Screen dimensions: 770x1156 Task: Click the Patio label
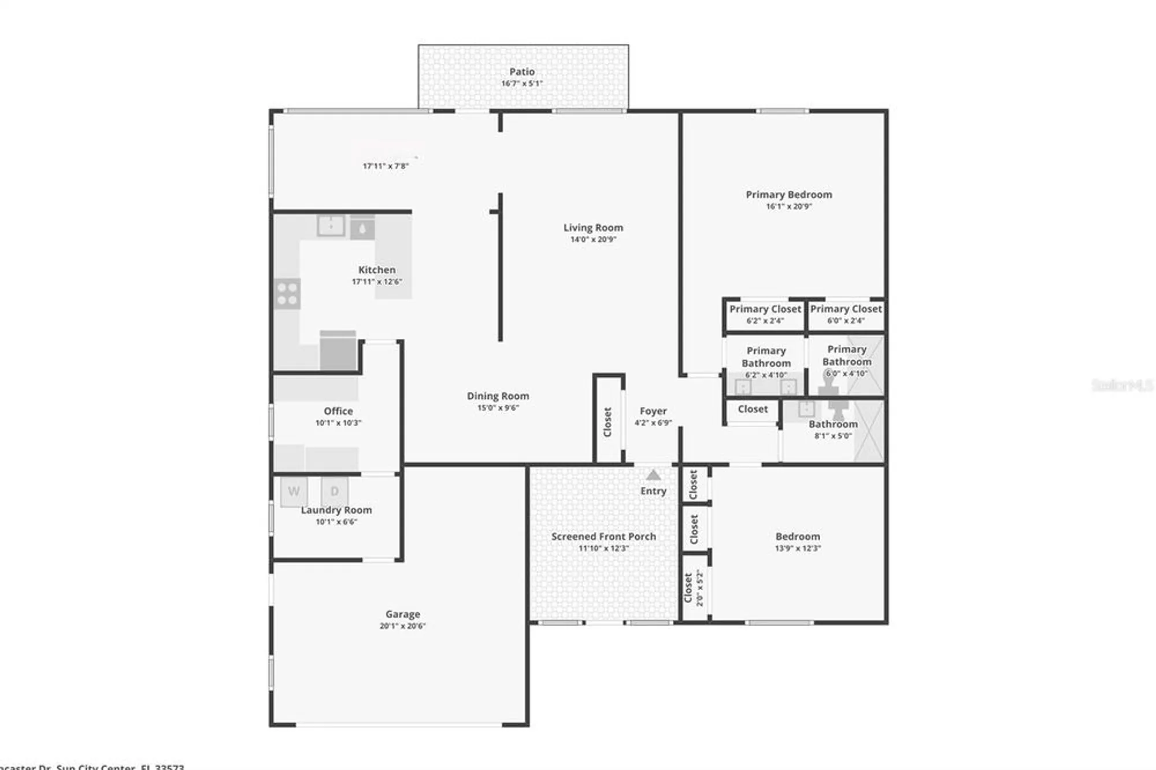click(x=521, y=72)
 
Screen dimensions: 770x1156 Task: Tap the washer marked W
click(x=294, y=491)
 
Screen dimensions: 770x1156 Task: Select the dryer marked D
click(x=334, y=491)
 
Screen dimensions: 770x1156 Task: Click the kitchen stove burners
click(x=287, y=293)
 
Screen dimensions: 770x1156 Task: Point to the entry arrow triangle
click(x=653, y=475)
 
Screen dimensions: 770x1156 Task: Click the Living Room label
click(x=593, y=228)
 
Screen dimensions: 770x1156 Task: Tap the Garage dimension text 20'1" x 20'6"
click(x=402, y=625)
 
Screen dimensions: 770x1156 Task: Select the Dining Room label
click(x=498, y=396)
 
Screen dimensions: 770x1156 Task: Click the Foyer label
click(x=653, y=411)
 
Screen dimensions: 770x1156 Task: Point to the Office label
click(x=338, y=411)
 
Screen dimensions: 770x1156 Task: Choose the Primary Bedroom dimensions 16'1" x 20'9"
click(x=789, y=206)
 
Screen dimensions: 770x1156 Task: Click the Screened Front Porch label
click(x=603, y=536)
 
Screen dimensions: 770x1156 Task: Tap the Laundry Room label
click(x=336, y=510)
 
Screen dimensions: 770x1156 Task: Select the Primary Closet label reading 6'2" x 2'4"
click(x=765, y=309)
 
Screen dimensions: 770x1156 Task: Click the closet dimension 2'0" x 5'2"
click(x=699, y=588)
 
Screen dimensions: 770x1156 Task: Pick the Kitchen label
click(x=377, y=270)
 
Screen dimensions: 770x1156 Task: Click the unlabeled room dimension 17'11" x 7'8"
click(x=386, y=166)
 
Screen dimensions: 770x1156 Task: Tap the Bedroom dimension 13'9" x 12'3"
click(x=798, y=548)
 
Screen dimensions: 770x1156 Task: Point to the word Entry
click(x=653, y=491)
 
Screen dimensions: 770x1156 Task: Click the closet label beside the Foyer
click(x=607, y=422)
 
